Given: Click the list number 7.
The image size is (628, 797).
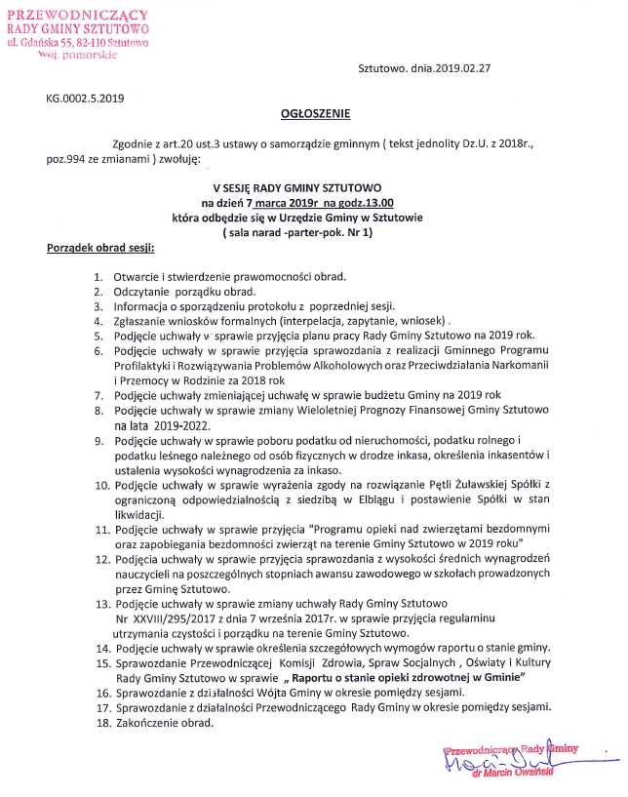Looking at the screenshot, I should [x=98, y=395].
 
